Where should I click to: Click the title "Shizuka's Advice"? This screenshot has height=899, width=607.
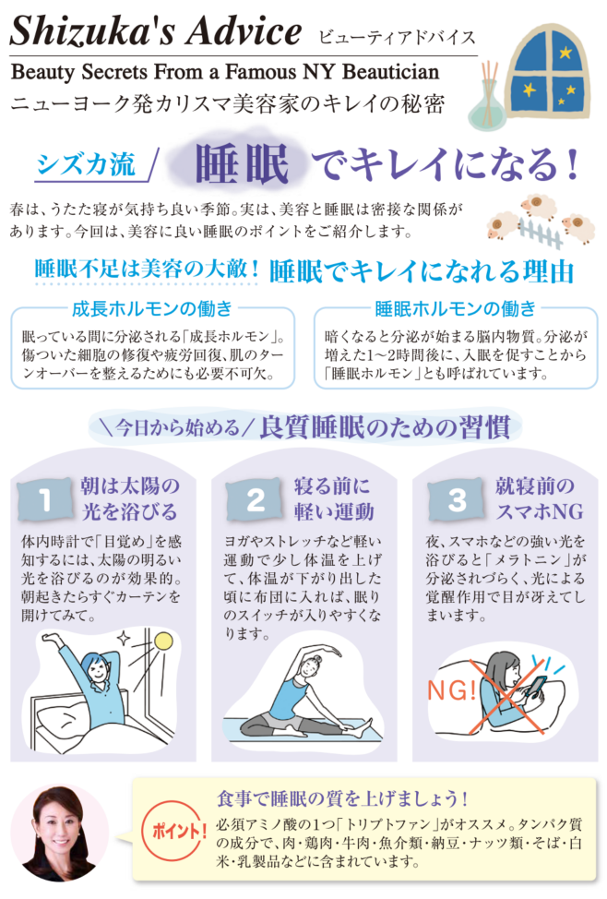click(155, 31)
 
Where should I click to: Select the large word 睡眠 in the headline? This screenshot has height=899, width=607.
click(242, 164)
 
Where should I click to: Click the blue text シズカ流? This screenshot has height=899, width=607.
click(86, 164)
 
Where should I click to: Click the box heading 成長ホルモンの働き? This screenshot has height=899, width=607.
click(152, 309)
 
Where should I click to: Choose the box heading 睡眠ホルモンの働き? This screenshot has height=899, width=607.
click(455, 309)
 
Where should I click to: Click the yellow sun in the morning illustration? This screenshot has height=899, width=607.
click(163, 641)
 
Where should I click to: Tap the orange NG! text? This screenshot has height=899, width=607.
click(452, 690)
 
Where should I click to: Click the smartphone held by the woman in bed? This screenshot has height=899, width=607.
click(536, 687)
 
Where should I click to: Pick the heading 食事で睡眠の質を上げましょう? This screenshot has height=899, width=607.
click(342, 798)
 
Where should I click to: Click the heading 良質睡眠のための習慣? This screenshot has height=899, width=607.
click(385, 427)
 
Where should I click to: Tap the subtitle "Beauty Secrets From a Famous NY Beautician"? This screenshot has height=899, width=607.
click(225, 72)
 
